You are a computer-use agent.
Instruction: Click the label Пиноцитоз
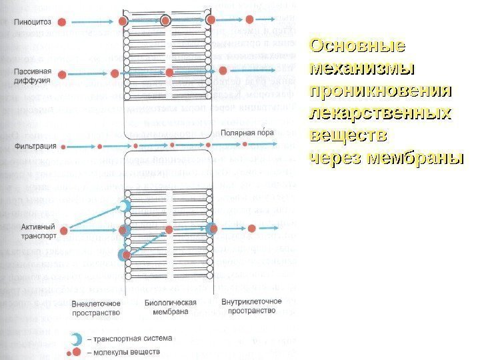point(31,22)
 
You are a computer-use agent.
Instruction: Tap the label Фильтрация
point(31,144)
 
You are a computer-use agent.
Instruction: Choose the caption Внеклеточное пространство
point(95,307)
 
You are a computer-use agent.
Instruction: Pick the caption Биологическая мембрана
point(171,307)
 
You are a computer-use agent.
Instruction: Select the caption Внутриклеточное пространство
point(249,307)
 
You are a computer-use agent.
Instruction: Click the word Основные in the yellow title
point(358,47)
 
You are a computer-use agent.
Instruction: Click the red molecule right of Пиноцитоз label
point(61,22)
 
